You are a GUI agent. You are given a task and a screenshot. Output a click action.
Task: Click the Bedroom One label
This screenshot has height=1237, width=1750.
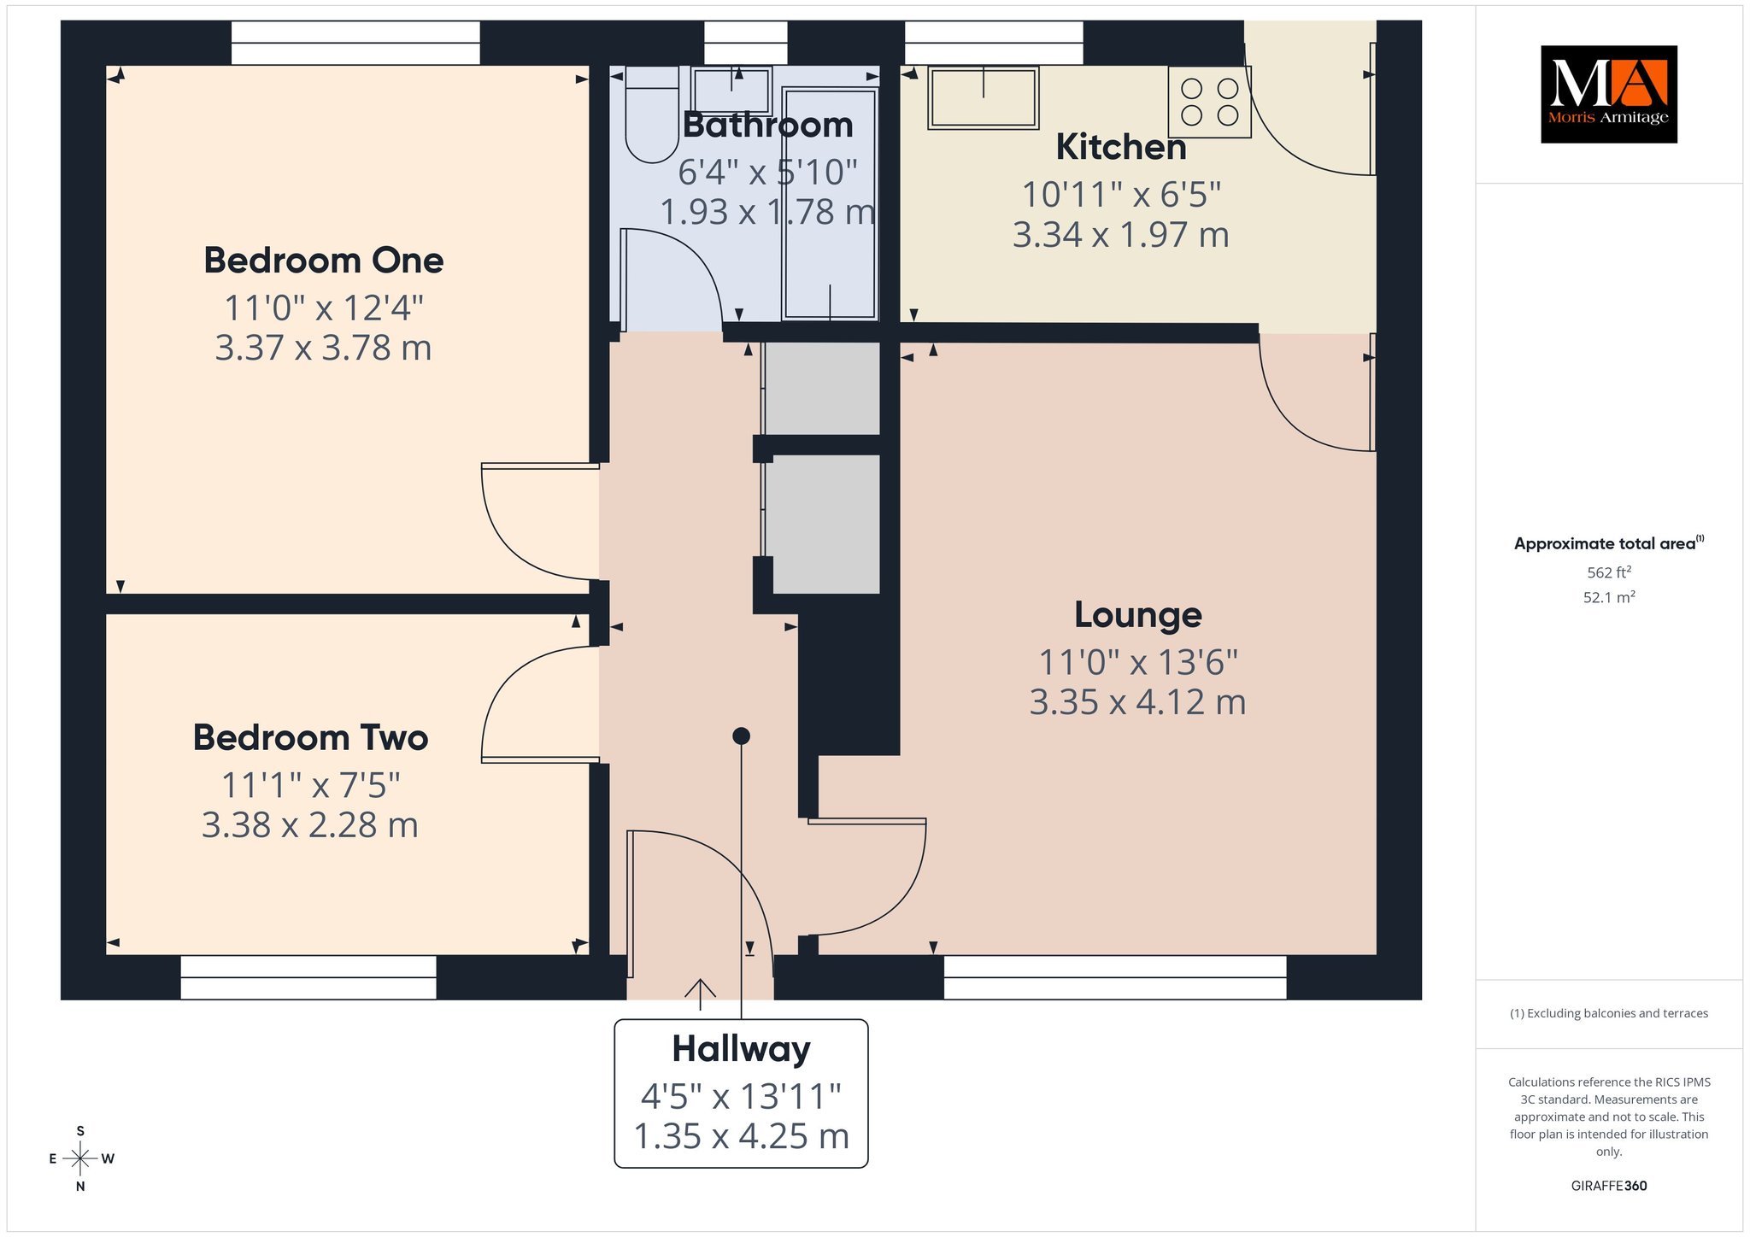point(323,261)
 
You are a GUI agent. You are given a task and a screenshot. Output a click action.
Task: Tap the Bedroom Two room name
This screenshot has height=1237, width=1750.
point(310,737)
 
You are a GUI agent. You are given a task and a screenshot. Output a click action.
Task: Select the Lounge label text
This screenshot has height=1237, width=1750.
point(1137,615)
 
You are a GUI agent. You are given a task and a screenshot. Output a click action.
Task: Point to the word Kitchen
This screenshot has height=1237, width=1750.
point(1121,147)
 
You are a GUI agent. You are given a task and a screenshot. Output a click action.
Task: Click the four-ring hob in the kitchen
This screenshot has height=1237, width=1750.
point(1210,102)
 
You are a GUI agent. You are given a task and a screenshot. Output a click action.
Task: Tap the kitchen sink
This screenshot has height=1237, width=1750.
point(984,98)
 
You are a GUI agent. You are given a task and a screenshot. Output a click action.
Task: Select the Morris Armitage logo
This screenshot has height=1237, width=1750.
point(1609,94)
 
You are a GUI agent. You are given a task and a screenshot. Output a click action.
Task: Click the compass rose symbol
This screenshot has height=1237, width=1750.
point(80,1158)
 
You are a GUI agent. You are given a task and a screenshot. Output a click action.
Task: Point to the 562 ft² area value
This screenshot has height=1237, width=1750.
point(1609,572)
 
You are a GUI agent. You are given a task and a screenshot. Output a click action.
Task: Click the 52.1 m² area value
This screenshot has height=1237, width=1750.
point(1609,597)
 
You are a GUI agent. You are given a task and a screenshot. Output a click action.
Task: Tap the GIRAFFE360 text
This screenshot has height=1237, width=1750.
point(1609,1186)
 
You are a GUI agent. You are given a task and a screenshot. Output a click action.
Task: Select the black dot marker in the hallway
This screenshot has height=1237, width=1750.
point(741,736)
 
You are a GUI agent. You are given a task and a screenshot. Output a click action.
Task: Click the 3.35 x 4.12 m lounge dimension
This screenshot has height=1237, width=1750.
point(1137,702)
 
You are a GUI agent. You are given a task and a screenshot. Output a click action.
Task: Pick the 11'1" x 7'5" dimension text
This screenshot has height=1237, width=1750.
point(310,785)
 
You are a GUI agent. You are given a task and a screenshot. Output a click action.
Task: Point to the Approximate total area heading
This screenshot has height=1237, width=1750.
point(1609,543)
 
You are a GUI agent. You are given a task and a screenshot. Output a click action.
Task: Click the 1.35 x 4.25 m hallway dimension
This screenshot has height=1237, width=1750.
point(741,1136)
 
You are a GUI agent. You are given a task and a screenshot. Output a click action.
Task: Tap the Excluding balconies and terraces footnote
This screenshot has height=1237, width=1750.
point(1609,1013)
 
